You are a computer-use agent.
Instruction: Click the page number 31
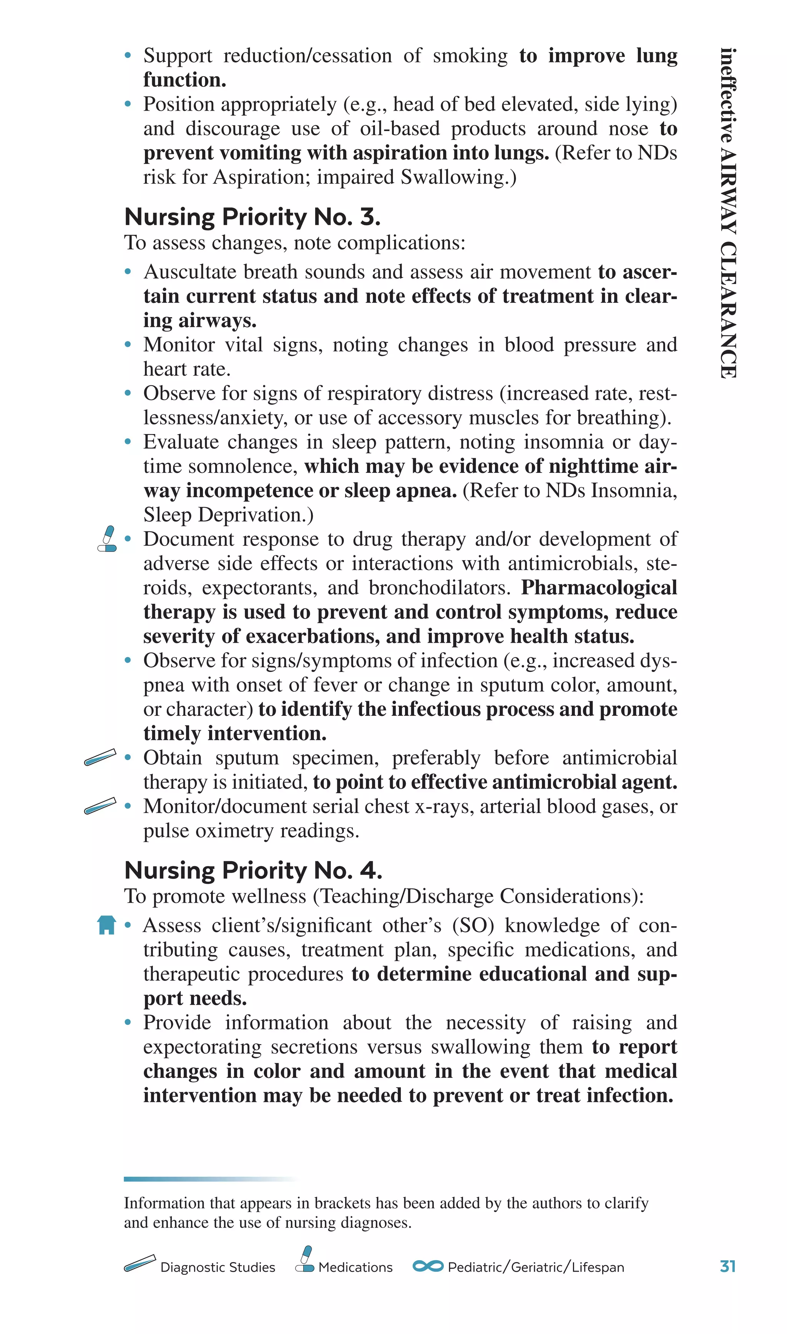coord(727,1267)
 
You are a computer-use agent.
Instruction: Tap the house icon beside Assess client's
coord(106,925)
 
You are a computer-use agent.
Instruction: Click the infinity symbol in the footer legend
coord(428,1266)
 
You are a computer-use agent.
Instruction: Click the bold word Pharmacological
coord(599,588)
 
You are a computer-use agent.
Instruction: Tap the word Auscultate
coord(188,271)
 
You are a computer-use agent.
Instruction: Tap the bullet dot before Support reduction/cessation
coord(127,55)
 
